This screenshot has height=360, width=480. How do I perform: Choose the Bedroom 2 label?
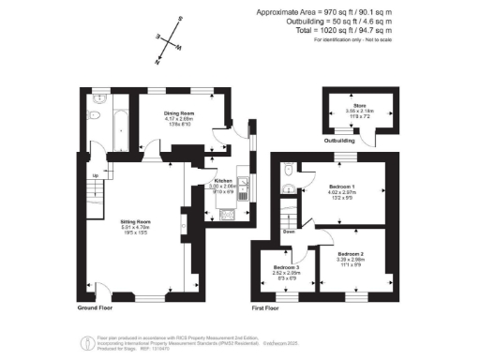click(351, 254)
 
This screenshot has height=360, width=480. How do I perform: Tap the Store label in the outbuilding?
click(359, 106)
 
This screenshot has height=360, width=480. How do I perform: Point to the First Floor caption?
click(267, 307)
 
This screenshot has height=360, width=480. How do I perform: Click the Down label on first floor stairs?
click(291, 231)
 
